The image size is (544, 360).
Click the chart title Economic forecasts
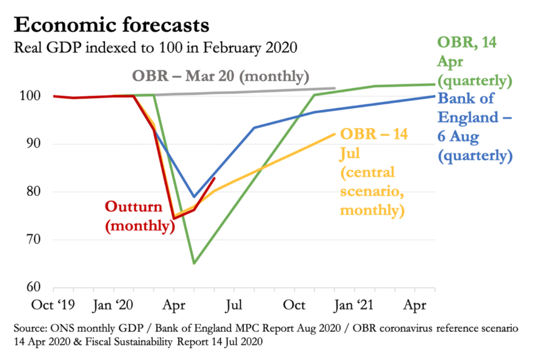coord(112,25)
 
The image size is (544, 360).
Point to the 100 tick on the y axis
coord(30,96)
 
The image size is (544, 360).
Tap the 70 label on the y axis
coord(33,239)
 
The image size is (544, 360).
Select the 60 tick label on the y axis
coord(33,287)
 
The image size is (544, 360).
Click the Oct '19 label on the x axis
coord(53,305)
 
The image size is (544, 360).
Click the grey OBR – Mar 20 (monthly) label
coord(220,76)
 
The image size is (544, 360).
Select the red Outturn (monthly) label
coord(139,216)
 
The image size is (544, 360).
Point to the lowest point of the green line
coord(194,263)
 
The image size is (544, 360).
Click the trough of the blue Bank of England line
coord(194,197)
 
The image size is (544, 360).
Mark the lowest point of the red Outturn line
coord(174,218)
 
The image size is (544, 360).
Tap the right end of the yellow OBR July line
coord(335,134)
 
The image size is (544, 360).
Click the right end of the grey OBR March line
coord(335,88)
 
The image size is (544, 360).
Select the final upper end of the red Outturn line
coord(214,178)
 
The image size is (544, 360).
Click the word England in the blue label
coord(468,117)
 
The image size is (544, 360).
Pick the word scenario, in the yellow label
coord(372,191)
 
